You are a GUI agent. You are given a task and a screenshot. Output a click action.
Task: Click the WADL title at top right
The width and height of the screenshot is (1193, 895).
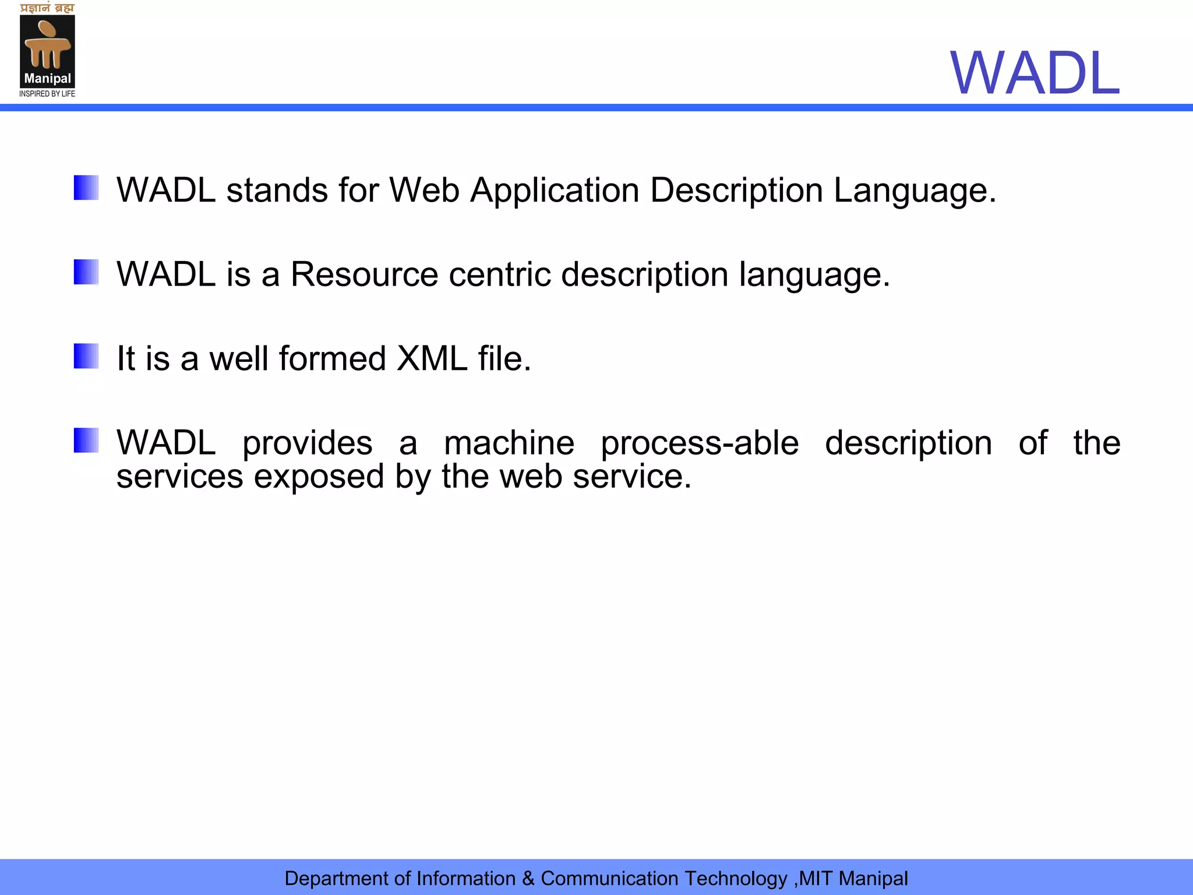(1035, 73)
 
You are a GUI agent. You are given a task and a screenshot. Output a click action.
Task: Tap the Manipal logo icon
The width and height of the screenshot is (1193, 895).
(47, 51)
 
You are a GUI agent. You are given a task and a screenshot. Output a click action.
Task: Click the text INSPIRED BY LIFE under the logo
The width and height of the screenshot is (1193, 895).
(47, 94)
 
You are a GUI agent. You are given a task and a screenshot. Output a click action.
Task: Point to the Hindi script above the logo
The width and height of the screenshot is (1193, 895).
(47, 8)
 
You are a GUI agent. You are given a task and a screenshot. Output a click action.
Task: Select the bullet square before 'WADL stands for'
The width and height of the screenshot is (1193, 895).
(86, 188)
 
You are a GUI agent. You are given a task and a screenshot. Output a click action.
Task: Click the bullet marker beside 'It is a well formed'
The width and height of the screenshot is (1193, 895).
(86, 356)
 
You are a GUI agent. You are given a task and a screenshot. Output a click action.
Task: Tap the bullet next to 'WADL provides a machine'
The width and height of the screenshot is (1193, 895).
(86, 440)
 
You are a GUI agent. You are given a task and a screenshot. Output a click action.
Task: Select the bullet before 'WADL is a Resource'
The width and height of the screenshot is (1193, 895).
(86, 272)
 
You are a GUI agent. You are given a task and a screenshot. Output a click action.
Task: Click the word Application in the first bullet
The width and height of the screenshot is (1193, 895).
(555, 191)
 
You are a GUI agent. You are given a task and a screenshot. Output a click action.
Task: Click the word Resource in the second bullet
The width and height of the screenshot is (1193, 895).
(364, 274)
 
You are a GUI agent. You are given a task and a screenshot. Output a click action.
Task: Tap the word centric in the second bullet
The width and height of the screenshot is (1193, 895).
(499, 274)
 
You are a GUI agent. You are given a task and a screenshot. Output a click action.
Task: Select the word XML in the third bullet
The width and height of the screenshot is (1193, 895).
(432, 358)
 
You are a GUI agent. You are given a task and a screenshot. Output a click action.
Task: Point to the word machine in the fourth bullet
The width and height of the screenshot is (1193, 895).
(509, 443)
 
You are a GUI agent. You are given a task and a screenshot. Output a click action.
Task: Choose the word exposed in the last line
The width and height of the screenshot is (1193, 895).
(319, 477)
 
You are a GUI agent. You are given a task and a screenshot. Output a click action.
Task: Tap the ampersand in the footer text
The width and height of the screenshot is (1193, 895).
(528, 878)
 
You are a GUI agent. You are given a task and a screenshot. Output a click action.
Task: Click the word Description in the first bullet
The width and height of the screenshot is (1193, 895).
(736, 191)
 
